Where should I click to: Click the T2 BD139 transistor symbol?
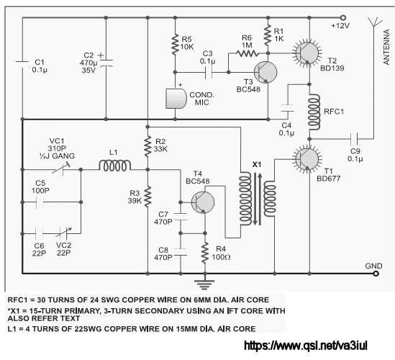[307, 53]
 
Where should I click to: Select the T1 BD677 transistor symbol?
[307, 159]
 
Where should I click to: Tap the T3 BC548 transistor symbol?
[265, 72]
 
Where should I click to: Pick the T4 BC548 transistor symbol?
[203, 202]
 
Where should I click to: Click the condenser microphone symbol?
[176, 99]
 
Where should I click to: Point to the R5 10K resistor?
[175, 45]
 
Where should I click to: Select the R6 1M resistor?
[248, 53]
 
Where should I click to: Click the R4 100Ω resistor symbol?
[205, 253]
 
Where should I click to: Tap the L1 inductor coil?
[115, 166]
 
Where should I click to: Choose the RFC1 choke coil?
[314, 112]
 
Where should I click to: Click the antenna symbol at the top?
[374, 22]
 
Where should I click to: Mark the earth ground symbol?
[205, 284]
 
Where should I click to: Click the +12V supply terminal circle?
[343, 18]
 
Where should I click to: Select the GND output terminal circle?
[376, 274]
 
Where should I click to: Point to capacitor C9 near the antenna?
[354, 139]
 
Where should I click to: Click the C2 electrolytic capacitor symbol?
[106, 63]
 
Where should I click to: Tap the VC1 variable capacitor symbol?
[61, 168]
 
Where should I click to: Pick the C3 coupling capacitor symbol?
[209, 73]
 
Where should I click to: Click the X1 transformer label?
[257, 165]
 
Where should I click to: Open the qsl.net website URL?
[306, 346]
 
